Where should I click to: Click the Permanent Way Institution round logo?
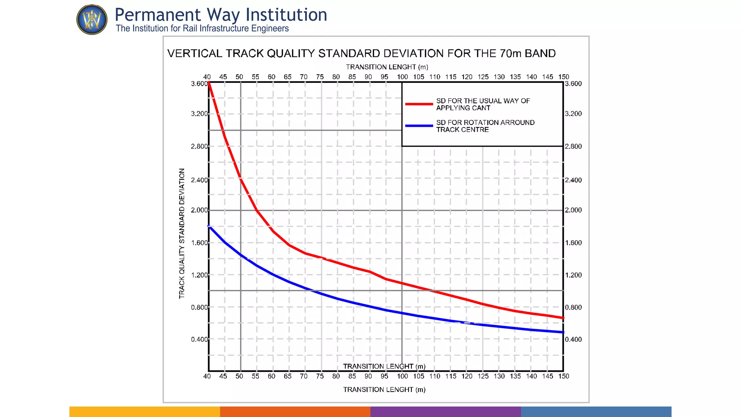point(92,20)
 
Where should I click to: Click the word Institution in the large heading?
point(286,15)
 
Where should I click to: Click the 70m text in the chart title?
point(511,54)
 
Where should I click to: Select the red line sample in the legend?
point(419,104)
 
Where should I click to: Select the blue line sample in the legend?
point(419,126)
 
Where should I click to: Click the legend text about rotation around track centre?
point(485,126)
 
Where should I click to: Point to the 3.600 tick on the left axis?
point(199,84)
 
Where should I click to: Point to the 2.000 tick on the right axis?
point(573,210)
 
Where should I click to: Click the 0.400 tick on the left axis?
point(199,340)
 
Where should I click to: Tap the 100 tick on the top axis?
point(402,77)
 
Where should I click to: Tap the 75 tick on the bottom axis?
point(320,376)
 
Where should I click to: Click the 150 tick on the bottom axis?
point(563,376)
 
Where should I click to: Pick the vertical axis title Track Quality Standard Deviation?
point(182,233)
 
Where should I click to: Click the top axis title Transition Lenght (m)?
point(387,67)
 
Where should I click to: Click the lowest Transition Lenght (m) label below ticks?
point(384,390)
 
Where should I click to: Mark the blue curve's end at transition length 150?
point(563,332)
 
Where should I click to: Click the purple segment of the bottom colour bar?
point(445,412)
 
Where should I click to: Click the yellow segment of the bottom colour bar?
point(145,412)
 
